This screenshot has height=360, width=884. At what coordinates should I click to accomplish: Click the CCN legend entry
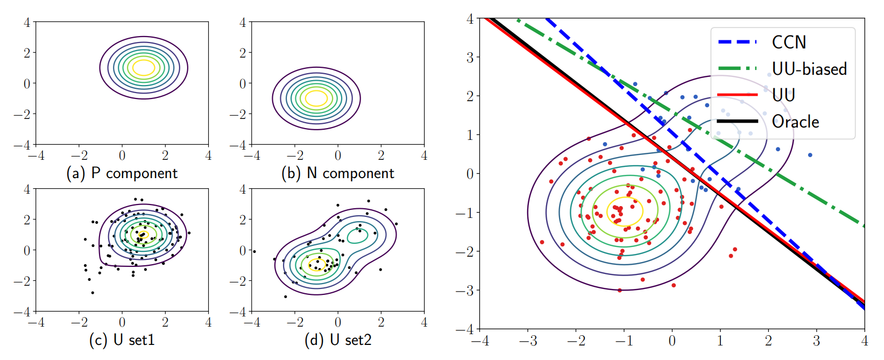pos(789,42)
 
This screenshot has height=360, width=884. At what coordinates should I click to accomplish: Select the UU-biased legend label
pos(809,69)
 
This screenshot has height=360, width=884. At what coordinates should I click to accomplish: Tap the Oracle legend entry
pos(795,122)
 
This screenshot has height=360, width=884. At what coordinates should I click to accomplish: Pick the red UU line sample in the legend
pos(738,95)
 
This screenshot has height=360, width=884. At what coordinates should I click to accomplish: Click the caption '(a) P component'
pos(122,173)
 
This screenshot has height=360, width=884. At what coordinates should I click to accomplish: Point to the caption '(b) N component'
pos(337,173)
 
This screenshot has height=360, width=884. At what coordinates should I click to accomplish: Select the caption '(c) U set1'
pos(122,340)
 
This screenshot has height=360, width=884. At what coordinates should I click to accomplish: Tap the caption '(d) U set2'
pos(337,340)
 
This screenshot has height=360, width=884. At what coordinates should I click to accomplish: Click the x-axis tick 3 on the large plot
pos(816,341)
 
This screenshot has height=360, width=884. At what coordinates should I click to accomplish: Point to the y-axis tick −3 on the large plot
pos(465,290)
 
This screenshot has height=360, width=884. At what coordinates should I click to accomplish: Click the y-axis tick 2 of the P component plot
pos(27,53)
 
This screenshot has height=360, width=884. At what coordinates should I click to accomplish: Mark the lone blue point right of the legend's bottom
pos(810,155)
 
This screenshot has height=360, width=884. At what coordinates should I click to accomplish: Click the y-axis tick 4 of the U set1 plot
pos(27,189)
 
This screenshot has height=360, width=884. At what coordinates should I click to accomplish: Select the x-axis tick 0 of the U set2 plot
pos(338,322)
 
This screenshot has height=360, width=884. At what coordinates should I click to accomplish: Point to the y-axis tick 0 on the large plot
pos(469,173)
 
